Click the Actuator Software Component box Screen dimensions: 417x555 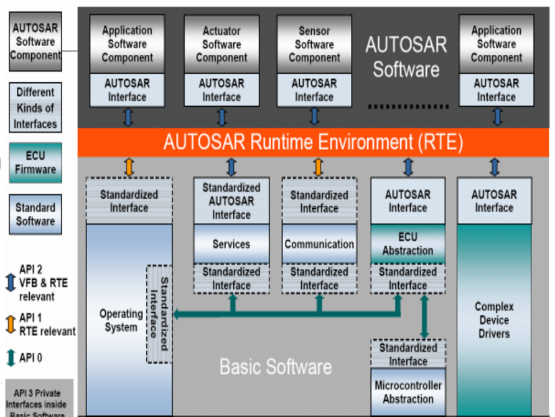(x=222, y=44)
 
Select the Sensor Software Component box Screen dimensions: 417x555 (x=314, y=44)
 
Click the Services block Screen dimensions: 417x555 (x=231, y=244)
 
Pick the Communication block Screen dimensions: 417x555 (x=319, y=244)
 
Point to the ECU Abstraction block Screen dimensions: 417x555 (x=408, y=244)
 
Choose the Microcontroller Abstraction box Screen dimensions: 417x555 (x=408, y=392)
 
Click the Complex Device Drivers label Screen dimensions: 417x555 (x=494, y=320)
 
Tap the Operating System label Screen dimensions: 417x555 (x=121, y=320)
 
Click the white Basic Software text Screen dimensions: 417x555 (x=276, y=366)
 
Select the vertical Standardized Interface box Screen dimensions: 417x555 (x=159, y=314)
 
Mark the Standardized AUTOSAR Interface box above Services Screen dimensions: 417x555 (x=231, y=201)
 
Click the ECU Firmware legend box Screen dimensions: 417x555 (x=35, y=163)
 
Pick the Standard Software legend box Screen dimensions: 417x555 (x=35, y=214)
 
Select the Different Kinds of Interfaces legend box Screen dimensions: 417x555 (x=35, y=108)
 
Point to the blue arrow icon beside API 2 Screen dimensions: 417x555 (x=9, y=282)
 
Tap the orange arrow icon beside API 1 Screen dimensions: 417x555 (x=9, y=324)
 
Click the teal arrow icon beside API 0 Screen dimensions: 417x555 (x=9, y=358)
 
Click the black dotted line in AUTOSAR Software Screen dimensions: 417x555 (x=399, y=107)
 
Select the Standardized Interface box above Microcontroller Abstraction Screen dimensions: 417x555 (x=408, y=354)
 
